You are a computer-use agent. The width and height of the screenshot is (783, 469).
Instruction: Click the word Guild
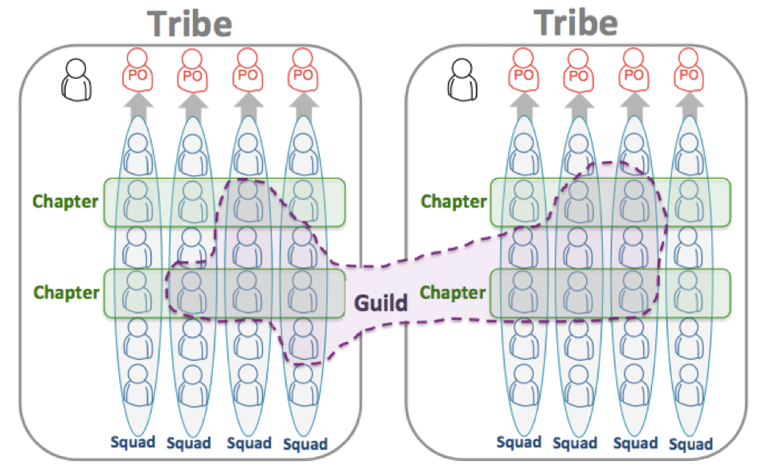[x=381, y=303]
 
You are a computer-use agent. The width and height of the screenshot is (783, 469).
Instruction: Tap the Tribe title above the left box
[x=189, y=24]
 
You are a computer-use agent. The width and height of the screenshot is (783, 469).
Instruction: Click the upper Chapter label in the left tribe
[x=66, y=201]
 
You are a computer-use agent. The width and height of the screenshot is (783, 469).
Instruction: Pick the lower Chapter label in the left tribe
[x=66, y=292]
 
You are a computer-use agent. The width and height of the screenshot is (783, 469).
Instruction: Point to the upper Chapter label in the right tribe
[x=454, y=201]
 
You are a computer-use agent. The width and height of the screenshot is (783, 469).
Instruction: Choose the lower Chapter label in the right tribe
[x=454, y=292]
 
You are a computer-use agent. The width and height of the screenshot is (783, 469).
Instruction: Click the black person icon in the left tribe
[x=77, y=80]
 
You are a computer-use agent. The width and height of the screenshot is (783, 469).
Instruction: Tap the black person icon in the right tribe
[x=465, y=80]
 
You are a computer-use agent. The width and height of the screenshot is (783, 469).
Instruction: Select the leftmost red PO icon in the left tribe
[x=137, y=72]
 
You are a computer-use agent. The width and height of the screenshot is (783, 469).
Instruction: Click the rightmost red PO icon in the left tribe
[x=301, y=72]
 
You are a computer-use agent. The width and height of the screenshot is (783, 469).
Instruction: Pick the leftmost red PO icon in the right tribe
[x=523, y=72]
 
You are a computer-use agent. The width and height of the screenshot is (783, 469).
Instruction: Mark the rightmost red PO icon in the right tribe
[x=687, y=72]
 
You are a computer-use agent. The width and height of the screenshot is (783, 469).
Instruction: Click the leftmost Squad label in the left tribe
[x=133, y=442]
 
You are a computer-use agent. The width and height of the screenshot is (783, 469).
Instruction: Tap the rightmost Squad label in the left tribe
[x=305, y=443]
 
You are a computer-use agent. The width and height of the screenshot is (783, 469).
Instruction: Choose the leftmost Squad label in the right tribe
[x=519, y=442]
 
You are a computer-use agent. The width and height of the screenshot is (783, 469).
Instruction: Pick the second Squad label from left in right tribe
[x=576, y=442]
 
